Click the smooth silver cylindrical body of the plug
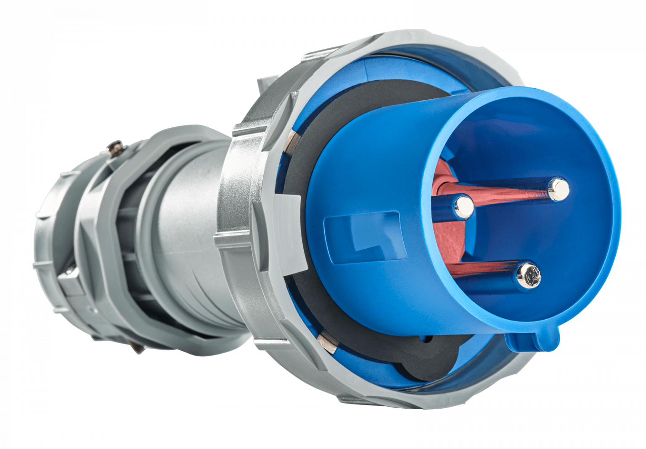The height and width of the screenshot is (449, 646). pos(185,235)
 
